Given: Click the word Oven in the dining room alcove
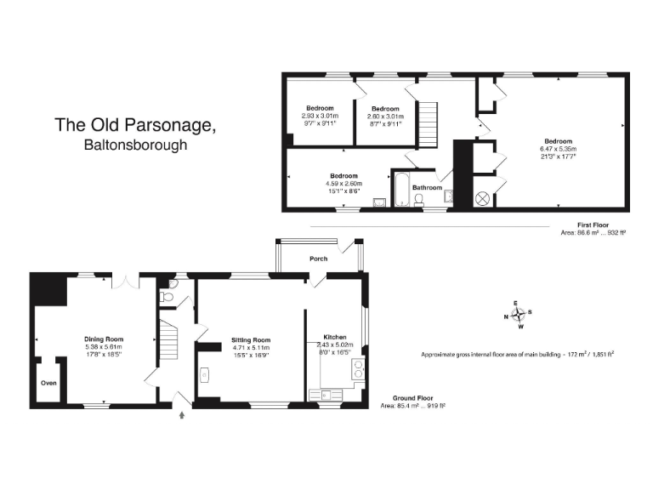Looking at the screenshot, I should click(x=49, y=383).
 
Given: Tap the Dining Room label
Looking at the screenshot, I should click(x=104, y=339).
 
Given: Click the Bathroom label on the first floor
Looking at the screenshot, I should click(x=427, y=188).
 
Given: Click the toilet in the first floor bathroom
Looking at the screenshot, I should click(x=419, y=200).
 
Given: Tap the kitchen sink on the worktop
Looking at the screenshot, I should click(x=329, y=394).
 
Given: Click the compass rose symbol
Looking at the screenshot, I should click(x=518, y=315).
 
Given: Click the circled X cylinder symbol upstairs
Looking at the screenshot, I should click(x=482, y=198).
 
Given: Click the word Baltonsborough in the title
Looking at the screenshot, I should click(x=135, y=145).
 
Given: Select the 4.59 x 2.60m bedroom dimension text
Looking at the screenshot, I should click(x=344, y=184).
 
